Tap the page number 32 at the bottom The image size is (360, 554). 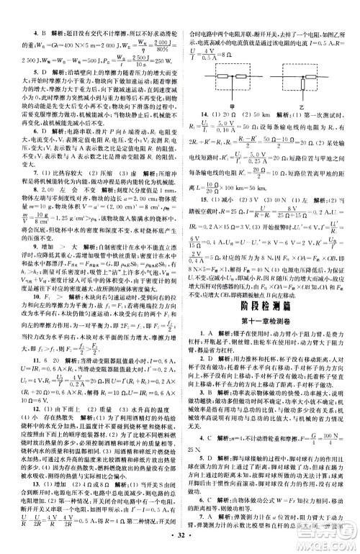click(x=179, y=540)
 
